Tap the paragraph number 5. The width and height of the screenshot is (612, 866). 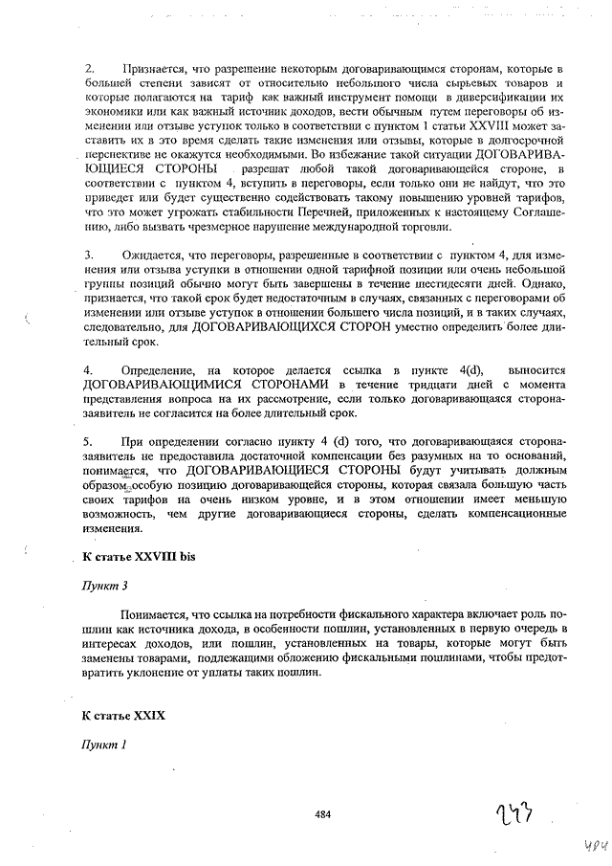tap(88, 440)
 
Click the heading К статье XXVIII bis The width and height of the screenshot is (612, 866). tap(138, 556)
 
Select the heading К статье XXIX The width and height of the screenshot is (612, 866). tap(124, 715)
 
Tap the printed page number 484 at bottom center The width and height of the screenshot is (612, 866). tap(322, 814)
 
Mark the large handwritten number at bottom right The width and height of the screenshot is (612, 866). tap(514, 814)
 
